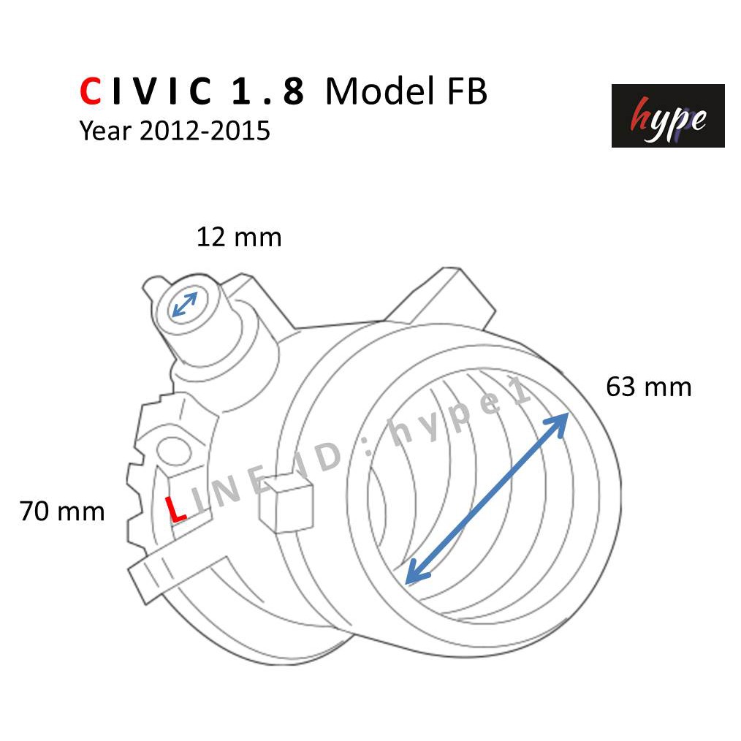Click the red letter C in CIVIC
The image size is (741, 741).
click(x=91, y=91)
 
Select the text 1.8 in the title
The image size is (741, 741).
click(x=268, y=91)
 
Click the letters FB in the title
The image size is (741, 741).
click(x=466, y=91)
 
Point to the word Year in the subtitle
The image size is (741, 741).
click(x=105, y=130)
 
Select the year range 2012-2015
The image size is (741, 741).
click(x=205, y=130)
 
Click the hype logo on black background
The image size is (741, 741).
click(x=668, y=115)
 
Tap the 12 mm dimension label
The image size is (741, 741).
click(x=239, y=237)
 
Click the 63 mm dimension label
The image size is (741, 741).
click(x=648, y=387)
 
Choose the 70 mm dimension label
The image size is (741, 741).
click(x=62, y=512)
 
